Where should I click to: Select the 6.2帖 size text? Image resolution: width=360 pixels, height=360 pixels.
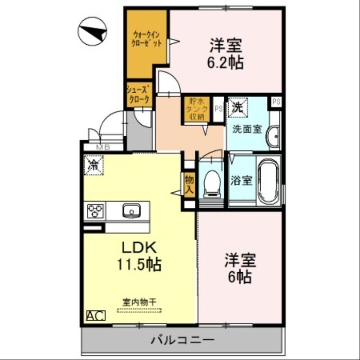[x=225, y=63]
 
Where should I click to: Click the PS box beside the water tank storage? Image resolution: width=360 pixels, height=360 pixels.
[x=218, y=108]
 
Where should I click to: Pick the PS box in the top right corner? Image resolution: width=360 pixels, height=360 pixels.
[x=276, y=102]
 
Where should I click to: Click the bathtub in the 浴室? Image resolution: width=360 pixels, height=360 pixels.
[x=269, y=180]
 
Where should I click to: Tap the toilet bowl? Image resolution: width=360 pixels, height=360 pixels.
[x=211, y=182]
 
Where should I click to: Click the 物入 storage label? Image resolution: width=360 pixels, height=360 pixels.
[x=189, y=184]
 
